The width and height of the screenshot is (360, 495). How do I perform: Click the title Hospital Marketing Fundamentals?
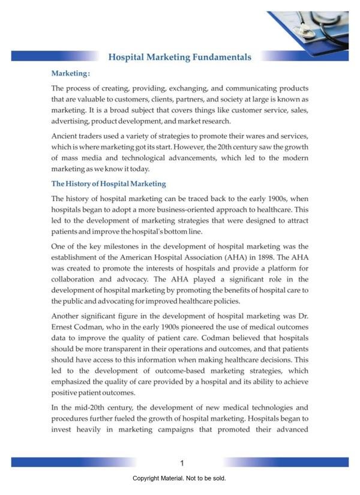179,57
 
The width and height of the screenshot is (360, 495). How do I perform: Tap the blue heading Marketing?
71,74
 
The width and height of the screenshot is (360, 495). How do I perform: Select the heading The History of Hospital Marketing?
109,184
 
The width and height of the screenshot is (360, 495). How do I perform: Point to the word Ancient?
67,136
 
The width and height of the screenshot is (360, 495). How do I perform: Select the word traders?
97,136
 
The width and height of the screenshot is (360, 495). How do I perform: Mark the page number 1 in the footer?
181,463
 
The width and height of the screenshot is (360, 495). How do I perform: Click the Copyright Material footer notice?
179,479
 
